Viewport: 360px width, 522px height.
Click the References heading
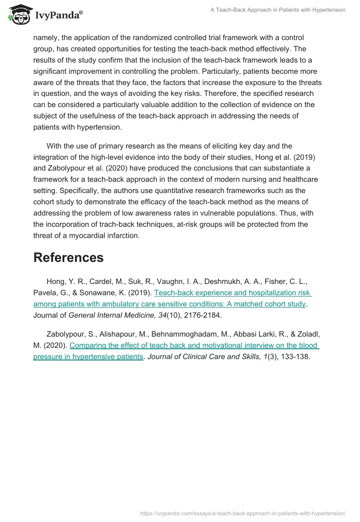[x=68, y=257]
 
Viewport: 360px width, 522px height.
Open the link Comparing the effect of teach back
[x=194, y=346]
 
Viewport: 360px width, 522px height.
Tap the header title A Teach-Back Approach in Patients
[x=278, y=10]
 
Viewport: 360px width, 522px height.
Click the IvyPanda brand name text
[x=58, y=16]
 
